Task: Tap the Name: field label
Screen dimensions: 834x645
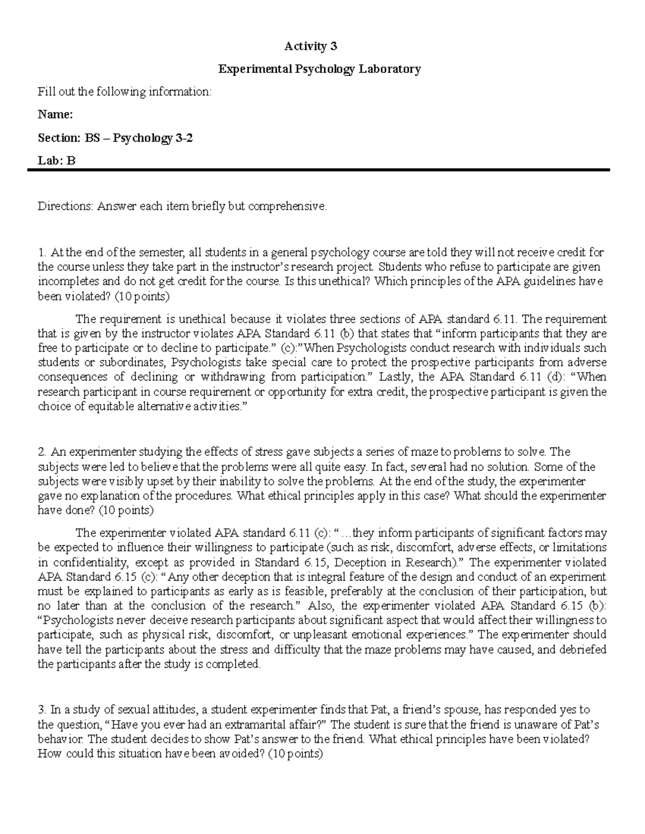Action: coord(55,114)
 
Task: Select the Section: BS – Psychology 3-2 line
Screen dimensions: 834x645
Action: coord(115,138)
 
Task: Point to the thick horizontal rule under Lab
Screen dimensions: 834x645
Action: coord(318,170)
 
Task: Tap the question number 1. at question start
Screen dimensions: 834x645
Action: coord(41,252)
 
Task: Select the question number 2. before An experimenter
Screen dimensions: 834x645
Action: coord(42,452)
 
